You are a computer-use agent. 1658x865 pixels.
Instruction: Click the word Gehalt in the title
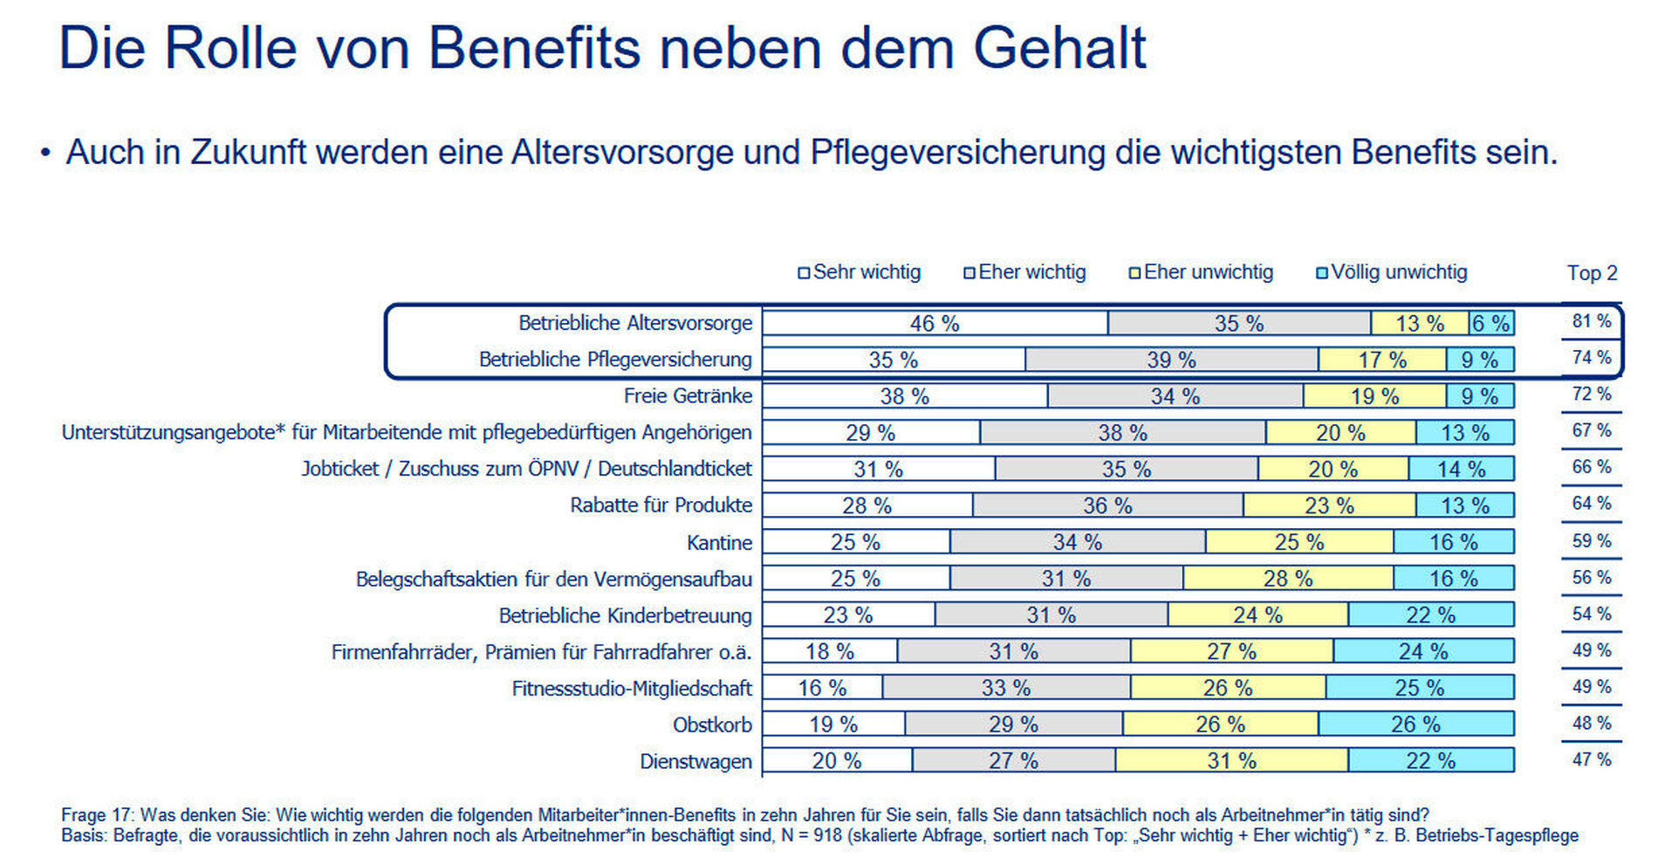(x=1059, y=48)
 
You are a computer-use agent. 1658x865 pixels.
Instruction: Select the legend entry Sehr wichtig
(x=860, y=272)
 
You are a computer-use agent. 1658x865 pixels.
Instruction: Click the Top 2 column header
(x=1592, y=273)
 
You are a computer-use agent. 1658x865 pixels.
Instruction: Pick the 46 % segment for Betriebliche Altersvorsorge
(x=935, y=324)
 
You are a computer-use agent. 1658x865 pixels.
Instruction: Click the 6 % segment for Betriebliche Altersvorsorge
(x=1491, y=324)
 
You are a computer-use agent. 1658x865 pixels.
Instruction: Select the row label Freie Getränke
(x=688, y=396)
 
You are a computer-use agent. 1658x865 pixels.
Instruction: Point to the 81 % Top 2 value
(x=1592, y=321)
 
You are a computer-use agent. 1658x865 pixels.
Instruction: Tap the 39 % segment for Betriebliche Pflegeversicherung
(x=1171, y=360)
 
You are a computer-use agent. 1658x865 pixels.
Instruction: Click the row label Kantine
(x=719, y=543)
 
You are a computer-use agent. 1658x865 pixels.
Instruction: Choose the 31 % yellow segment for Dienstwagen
(x=1231, y=761)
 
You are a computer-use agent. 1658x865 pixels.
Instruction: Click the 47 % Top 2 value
(x=1592, y=760)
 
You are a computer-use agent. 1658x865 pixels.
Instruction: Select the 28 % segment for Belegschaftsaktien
(x=1288, y=579)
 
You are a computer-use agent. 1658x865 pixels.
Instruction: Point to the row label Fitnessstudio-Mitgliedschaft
(x=631, y=689)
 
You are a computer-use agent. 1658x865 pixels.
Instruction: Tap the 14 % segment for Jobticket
(x=1461, y=470)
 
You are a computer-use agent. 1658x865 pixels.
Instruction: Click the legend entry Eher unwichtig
(x=1201, y=272)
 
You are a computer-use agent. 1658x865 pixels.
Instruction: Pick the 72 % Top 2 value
(x=1592, y=395)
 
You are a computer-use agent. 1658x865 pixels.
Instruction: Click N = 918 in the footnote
(x=811, y=836)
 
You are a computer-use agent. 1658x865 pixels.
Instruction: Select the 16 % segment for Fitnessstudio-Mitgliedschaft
(x=822, y=689)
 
